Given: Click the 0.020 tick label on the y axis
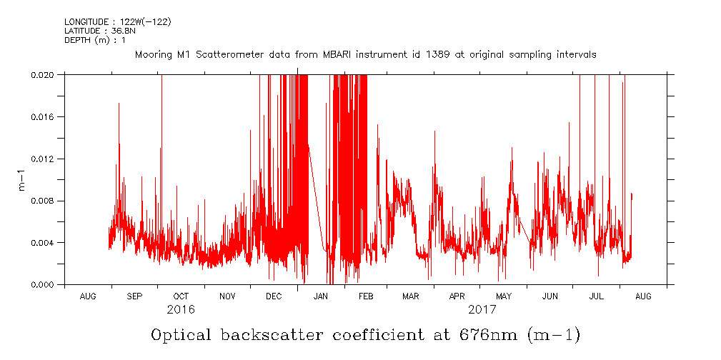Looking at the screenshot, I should (x=44, y=74).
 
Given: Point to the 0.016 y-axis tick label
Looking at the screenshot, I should (x=44, y=116).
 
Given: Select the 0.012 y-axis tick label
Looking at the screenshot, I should (x=44, y=159).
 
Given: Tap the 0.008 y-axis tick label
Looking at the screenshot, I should (x=44, y=201).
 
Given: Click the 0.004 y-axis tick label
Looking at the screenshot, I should (x=44, y=243).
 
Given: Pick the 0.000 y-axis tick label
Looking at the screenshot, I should (x=44, y=285).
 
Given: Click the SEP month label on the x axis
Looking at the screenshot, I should (x=134, y=296).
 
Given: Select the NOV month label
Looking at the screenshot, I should (x=227, y=296).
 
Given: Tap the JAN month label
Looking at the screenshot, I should (x=321, y=296).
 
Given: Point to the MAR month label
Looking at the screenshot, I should (x=410, y=296).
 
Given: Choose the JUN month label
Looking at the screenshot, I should (x=550, y=296).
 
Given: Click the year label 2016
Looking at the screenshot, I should (x=181, y=311).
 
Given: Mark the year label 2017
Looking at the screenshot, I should (x=482, y=311).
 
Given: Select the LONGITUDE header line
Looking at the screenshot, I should (x=117, y=21).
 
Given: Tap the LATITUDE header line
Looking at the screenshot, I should (x=101, y=30).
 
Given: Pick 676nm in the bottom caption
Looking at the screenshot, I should (x=485, y=335).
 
